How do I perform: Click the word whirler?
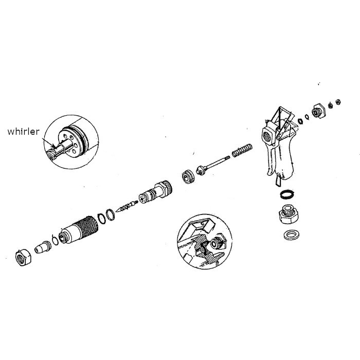(23, 131)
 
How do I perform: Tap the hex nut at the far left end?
(23, 256)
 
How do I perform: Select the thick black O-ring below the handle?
(286, 195)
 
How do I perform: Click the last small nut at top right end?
(338, 101)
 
